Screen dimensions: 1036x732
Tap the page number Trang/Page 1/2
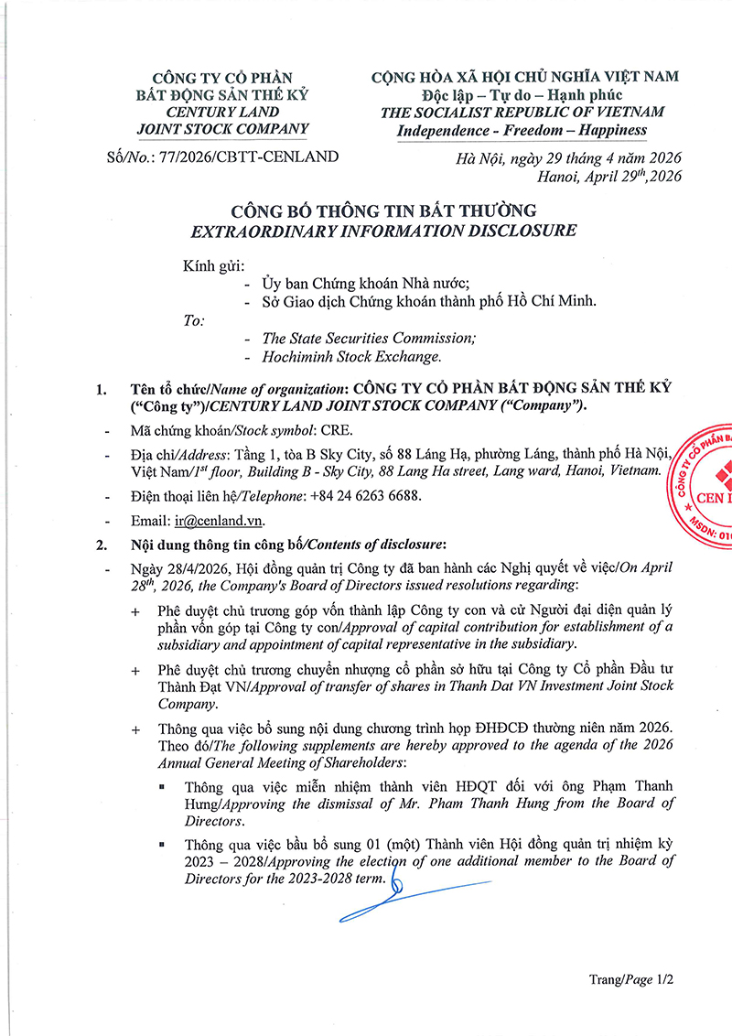[x=631, y=979]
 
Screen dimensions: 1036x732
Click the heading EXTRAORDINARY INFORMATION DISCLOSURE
[x=366, y=231]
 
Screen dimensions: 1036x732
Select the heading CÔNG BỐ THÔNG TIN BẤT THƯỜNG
[x=366, y=211]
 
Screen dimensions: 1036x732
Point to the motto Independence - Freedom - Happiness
[x=522, y=130]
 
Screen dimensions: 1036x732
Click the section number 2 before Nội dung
[x=101, y=545]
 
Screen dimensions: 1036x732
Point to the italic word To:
[x=195, y=320]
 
